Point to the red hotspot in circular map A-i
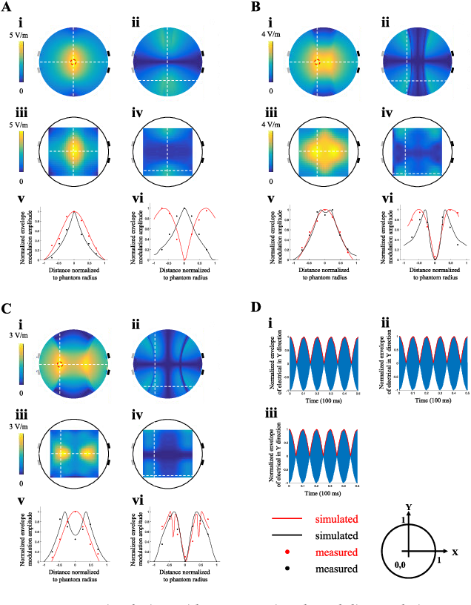tap(73, 62)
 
